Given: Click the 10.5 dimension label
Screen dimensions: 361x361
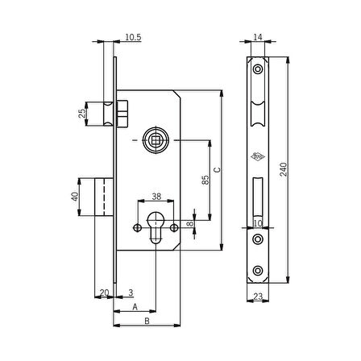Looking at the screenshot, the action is tap(133, 37).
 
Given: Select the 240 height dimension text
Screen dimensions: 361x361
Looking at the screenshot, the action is tap(284, 169).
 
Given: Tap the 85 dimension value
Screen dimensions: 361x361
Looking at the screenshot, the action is tap(205, 180).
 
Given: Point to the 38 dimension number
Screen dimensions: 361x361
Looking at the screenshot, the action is tap(156, 197).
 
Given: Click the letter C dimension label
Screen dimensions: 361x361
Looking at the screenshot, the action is tap(217, 170).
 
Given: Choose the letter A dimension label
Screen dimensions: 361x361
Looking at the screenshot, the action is tap(135, 307).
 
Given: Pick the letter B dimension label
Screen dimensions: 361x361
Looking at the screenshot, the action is tap(147, 321).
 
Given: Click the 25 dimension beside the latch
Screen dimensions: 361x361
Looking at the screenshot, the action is tap(82, 114).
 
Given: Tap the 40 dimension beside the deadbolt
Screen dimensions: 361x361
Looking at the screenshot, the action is tap(75, 197).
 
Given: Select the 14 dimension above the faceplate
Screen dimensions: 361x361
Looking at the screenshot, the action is tap(258, 37).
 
